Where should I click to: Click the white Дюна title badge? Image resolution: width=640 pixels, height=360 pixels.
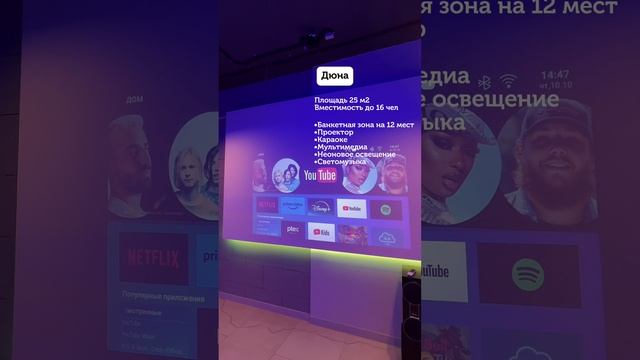(335, 75)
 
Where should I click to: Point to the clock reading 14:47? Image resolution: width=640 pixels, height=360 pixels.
(554, 75)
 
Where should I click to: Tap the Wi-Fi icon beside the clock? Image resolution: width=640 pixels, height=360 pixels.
(508, 80)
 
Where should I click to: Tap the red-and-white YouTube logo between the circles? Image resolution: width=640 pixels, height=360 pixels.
(320, 177)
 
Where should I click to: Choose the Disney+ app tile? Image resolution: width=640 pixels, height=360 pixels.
(322, 209)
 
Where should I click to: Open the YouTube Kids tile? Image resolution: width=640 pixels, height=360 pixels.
(321, 233)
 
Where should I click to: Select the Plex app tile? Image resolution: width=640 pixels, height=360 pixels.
(293, 229)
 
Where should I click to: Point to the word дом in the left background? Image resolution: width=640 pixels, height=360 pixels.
(134, 99)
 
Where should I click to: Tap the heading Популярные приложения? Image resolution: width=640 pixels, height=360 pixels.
(163, 299)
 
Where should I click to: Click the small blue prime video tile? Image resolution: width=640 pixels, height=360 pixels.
(293, 206)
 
